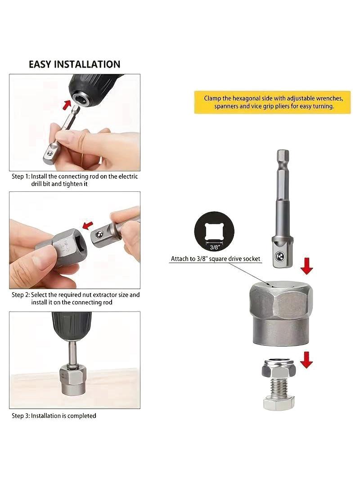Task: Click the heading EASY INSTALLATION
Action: pos(74,64)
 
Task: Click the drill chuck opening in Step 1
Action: pos(82,99)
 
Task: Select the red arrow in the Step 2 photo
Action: pos(87,225)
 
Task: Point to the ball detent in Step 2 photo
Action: pos(99,235)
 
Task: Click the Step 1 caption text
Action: pos(75,180)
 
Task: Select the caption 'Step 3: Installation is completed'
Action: pos(54,416)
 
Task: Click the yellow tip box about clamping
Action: pos(272,102)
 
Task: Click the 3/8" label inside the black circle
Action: pos(214,247)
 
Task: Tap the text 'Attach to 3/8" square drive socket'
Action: pos(216,259)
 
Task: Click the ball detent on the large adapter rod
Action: pos(279,256)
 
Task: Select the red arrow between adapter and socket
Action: pos(306,266)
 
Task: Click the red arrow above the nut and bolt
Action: pos(306,360)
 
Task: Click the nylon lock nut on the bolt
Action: pos(279,368)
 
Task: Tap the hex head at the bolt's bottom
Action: pos(279,403)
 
